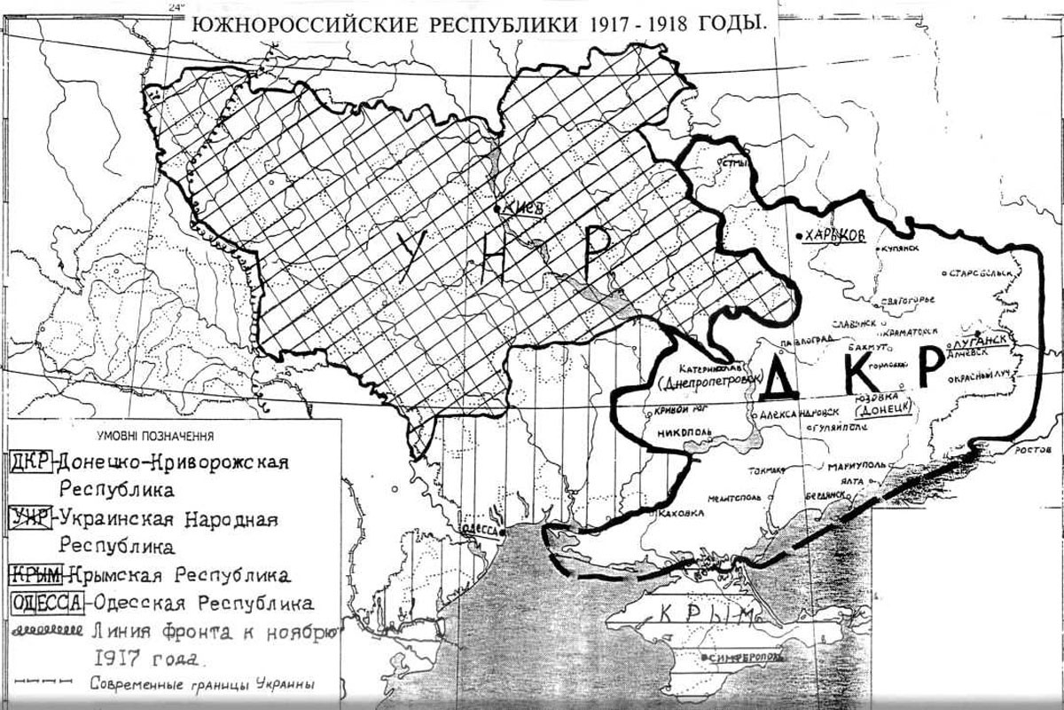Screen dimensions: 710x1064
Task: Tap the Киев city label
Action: tap(520, 208)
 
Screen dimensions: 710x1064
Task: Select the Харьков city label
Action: tap(833, 236)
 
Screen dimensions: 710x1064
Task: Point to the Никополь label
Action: tap(684, 434)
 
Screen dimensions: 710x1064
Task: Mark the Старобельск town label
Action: tap(982, 273)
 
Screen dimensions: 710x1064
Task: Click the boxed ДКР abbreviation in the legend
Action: tap(30, 462)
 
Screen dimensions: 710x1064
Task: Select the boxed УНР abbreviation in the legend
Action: tap(30, 518)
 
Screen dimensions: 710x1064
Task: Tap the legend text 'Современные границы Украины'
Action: tap(202, 683)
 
